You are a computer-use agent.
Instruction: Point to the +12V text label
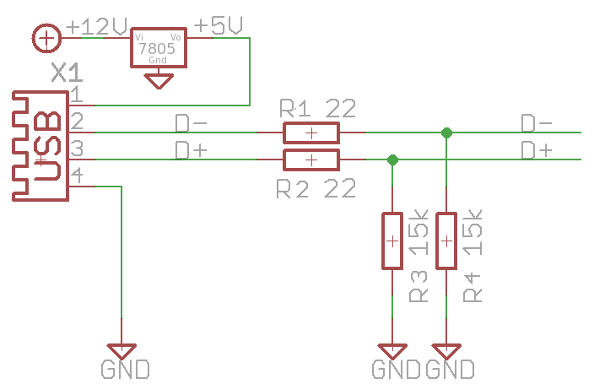click(x=94, y=26)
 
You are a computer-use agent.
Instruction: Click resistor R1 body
click(x=310, y=133)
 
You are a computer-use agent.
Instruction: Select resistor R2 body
click(x=310, y=160)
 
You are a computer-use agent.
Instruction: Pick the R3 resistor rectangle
click(x=392, y=241)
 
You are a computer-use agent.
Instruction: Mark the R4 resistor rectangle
click(x=446, y=241)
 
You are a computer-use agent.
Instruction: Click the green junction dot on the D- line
click(x=446, y=133)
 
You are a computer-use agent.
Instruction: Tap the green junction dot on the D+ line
click(x=392, y=160)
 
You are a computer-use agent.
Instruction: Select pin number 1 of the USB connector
click(x=76, y=94)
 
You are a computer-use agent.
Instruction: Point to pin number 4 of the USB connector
click(x=76, y=176)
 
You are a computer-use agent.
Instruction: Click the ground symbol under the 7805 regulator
click(x=158, y=82)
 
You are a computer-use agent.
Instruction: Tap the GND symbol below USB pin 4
click(x=122, y=350)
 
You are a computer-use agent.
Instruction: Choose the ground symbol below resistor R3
click(x=392, y=350)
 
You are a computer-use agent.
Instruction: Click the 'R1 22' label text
click(x=317, y=108)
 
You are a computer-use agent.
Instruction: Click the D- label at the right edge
click(x=537, y=123)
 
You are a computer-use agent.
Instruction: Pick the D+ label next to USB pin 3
click(x=191, y=150)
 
